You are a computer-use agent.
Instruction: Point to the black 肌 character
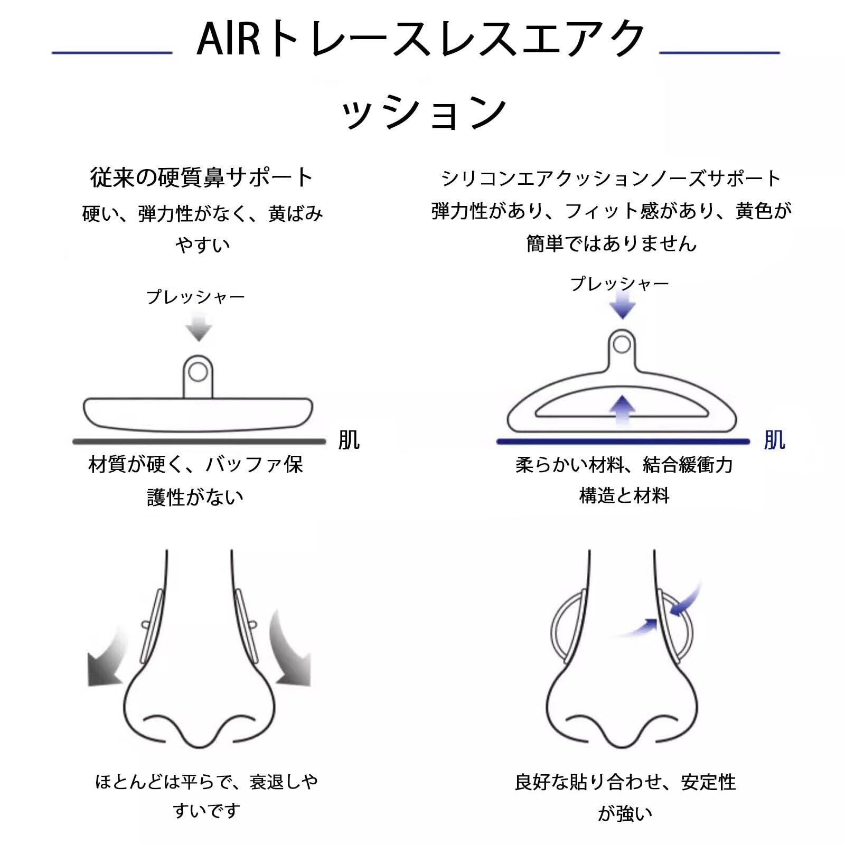pyautogui.click(x=349, y=440)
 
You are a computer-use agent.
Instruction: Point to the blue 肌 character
pyautogui.click(x=774, y=440)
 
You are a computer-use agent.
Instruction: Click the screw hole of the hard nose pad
pyautogui.click(x=198, y=373)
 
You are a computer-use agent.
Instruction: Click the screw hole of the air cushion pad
pyautogui.click(x=622, y=345)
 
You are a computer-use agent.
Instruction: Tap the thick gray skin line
pyautogui.click(x=199, y=441)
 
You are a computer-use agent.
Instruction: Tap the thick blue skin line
pyautogui.click(x=623, y=442)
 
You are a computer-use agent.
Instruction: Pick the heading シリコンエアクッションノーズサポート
pyautogui.click(x=611, y=179)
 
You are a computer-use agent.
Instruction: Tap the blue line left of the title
pyautogui.click(x=112, y=52)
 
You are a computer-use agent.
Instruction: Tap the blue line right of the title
pyautogui.click(x=719, y=52)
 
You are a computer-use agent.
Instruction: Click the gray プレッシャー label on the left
pyautogui.click(x=195, y=297)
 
